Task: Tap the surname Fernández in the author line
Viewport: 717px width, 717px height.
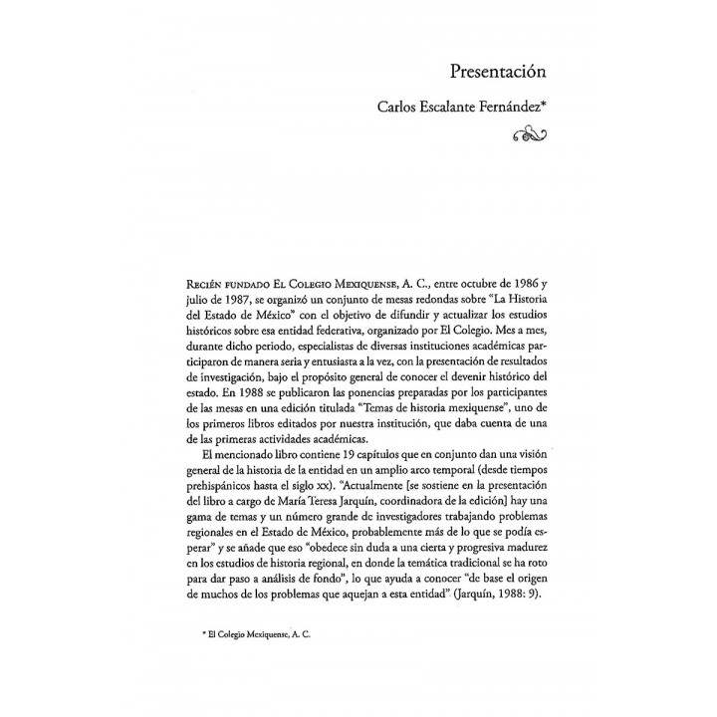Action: (506, 109)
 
